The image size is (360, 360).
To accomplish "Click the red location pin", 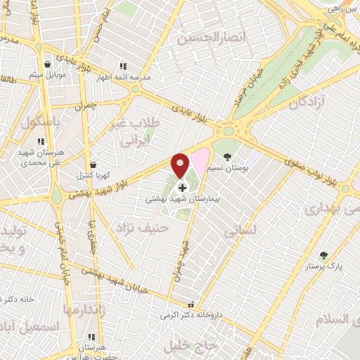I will pyautogui.click(x=180, y=165).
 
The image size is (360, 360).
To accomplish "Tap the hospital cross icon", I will pyautogui.click(x=183, y=188).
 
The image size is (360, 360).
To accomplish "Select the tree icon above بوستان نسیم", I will pyautogui.click(x=226, y=156).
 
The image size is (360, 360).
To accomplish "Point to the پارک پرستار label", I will pyautogui.click(x=324, y=266).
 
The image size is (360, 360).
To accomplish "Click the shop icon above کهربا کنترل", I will pyautogui.click(x=94, y=165).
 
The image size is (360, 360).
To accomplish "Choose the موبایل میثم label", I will pyautogui.click(x=48, y=74).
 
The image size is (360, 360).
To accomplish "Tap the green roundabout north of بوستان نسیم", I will pyautogui.click(x=228, y=131).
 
